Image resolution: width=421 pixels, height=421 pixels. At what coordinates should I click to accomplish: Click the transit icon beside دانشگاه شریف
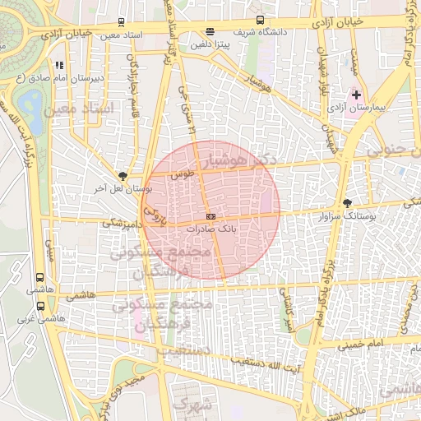(260, 21)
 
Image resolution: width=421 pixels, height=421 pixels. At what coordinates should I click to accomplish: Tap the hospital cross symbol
(356, 95)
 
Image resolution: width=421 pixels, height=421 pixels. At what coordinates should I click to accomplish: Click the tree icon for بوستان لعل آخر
(123, 175)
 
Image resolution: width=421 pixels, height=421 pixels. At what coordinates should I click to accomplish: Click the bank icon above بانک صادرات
(210, 216)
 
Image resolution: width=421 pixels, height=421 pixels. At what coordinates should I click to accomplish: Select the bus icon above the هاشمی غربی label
(41, 306)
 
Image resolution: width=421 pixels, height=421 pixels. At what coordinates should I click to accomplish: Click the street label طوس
(181, 174)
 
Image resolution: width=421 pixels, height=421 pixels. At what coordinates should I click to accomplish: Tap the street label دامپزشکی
(120, 223)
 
